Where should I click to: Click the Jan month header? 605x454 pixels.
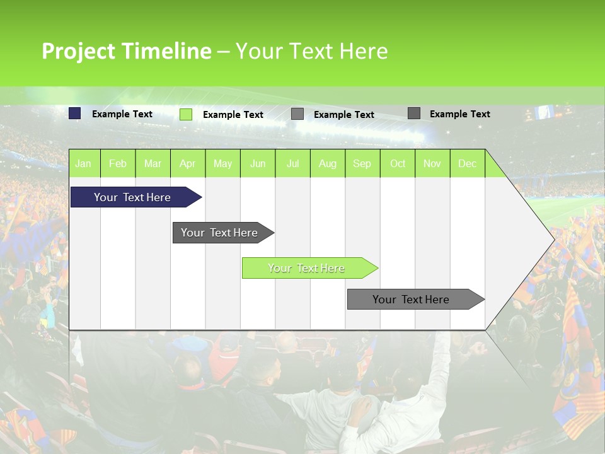[x=83, y=163]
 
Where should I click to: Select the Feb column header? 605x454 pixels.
[x=118, y=163]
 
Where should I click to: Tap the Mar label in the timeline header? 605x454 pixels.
[x=153, y=163]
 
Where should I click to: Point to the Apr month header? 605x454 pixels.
[x=187, y=163]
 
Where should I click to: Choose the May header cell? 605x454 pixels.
[x=222, y=163]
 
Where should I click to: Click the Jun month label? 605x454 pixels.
[x=258, y=163]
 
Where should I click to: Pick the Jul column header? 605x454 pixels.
[x=292, y=163]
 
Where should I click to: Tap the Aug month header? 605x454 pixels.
[x=327, y=163]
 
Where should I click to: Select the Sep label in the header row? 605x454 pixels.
[x=362, y=163]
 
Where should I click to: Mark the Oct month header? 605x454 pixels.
[x=398, y=163]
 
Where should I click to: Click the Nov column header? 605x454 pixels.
[x=432, y=163]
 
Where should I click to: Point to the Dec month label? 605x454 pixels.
[x=467, y=163]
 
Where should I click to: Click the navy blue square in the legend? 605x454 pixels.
[x=75, y=113]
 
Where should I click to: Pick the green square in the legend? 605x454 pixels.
[x=186, y=114]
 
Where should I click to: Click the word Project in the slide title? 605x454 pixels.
[x=78, y=51]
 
